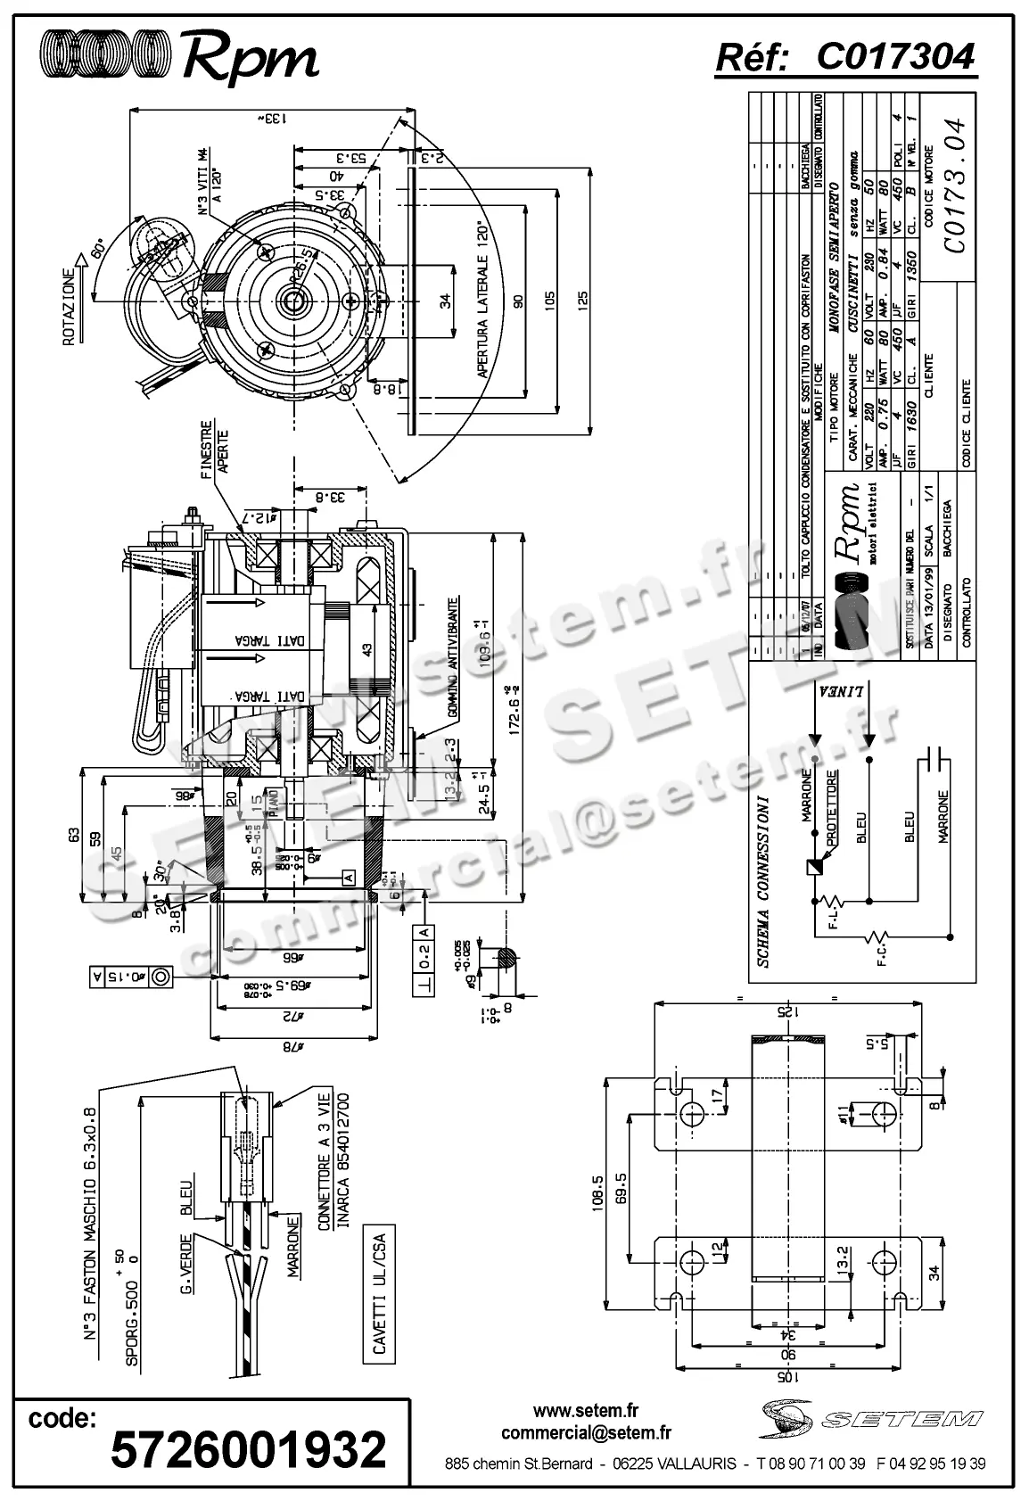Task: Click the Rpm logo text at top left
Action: (249, 59)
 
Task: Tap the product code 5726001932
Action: (249, 1448)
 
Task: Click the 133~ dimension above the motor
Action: (273, 117)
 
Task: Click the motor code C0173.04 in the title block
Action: (953, 186)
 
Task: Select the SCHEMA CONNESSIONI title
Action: (762, 879)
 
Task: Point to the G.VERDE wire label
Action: (187, 1264)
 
